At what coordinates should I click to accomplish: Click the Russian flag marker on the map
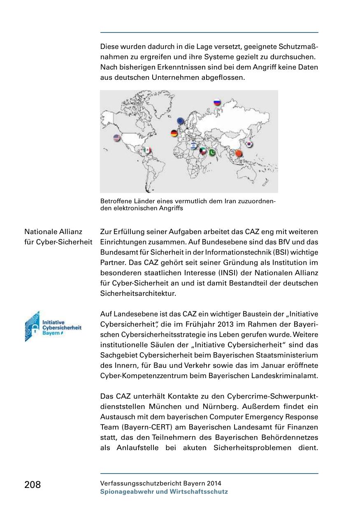(217, 102)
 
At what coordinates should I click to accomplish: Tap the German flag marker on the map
(174, 133)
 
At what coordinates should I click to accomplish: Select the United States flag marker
(117, 138)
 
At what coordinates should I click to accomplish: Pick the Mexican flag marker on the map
(147, 151)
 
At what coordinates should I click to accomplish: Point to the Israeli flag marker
(194, 145)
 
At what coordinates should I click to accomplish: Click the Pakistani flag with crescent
(212, 153)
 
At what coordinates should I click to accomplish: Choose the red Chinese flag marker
(239, 153)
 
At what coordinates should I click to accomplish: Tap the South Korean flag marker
(249, 144)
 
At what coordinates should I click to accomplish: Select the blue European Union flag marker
(181, 121)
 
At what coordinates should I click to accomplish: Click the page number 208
(33, 485)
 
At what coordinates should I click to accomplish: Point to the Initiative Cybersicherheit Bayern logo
(53, 326)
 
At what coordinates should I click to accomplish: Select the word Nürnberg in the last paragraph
(191, 406)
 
